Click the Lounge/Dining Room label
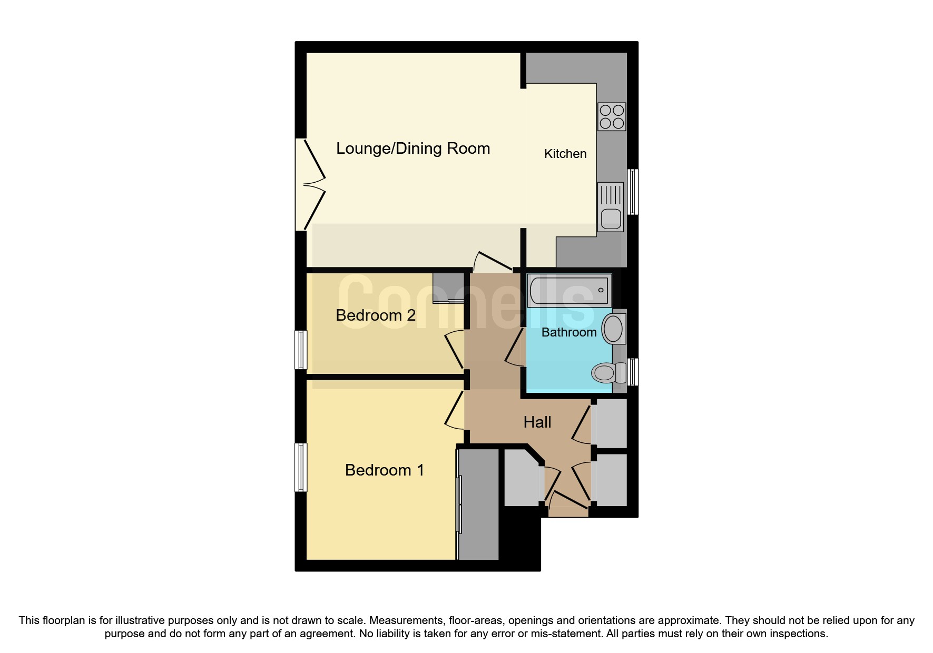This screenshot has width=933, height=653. [x=413, y=149]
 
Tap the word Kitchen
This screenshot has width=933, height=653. [x=565, y=154]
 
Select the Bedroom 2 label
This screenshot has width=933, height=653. [x=375, y=315]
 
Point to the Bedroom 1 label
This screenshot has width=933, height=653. [x=384, y=470]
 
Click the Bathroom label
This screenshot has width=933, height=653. [x=568, y=332]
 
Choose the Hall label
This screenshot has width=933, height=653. [x=537, y=422]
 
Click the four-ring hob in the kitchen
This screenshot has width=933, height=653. [x=612, y=117]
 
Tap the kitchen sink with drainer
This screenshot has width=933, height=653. [x=611, y=207]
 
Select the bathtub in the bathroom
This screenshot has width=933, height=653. [x=569, y=290]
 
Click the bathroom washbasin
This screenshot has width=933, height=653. [x=614, y=329]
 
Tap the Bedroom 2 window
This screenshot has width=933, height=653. [x=300, y=350]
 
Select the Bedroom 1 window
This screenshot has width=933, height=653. [x=300, y=467]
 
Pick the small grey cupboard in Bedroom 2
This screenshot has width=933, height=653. [x=447, y=288]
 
